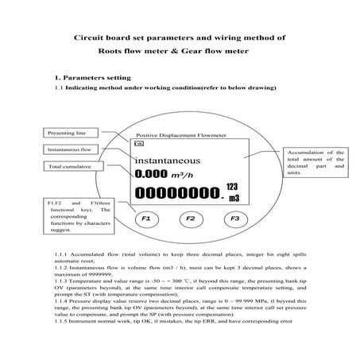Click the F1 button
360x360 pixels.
[145, 217]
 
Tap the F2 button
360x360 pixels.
[190, 217]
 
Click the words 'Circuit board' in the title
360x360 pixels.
[100, 37]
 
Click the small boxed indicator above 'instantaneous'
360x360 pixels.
[139, 145]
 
